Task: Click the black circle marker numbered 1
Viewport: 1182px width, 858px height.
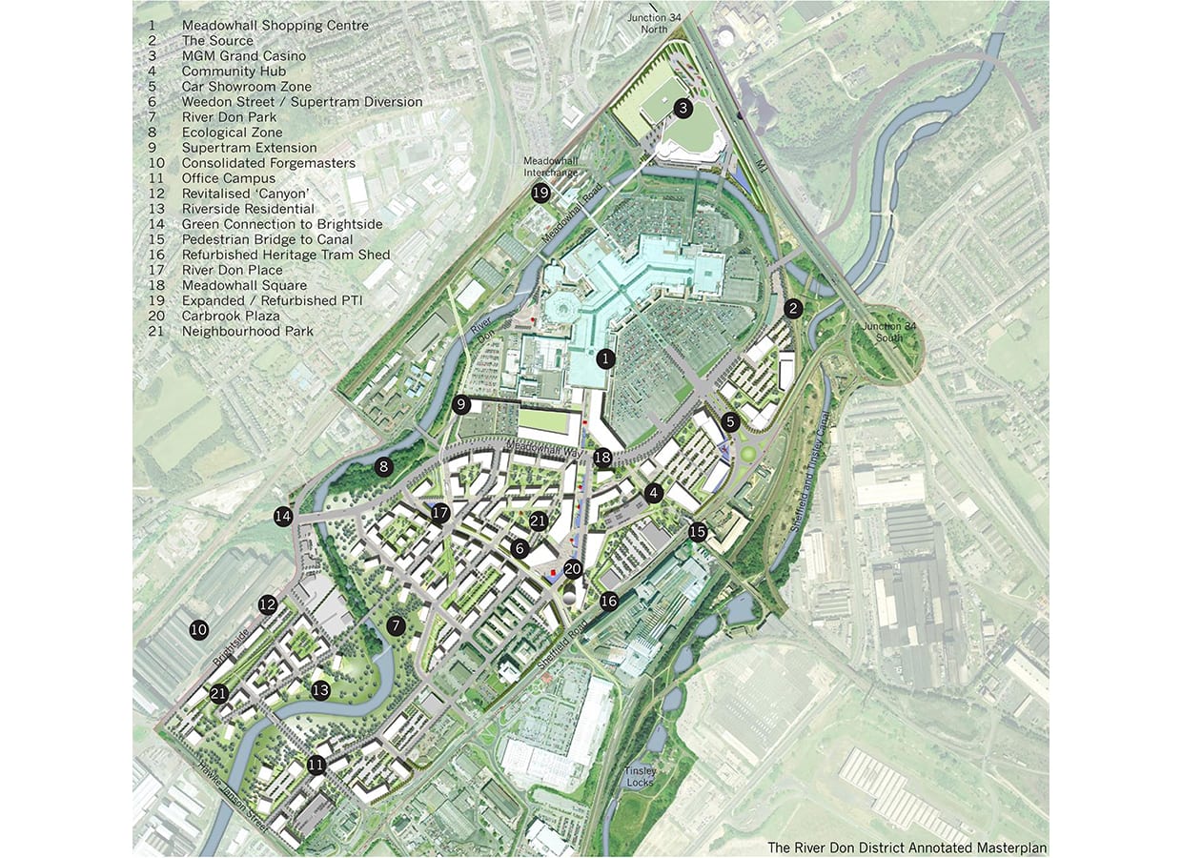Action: [x=605, y=359]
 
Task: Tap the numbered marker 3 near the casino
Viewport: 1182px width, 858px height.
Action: [x=683, y=109]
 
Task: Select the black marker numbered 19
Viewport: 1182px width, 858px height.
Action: [x=540, y=194]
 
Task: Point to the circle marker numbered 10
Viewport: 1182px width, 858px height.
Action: [x=198, y=629]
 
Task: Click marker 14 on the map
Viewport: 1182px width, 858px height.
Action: [x=283, y=517]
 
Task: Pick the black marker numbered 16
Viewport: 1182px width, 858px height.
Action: [x=609, y=601]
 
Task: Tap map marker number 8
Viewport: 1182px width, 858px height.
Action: [x=384, y=467]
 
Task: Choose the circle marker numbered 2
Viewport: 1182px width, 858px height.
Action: [x=793, y=308]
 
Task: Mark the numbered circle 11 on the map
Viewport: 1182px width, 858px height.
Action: [x=316, y=765]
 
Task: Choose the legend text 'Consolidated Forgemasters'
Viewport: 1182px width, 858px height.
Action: [x=269, y=163]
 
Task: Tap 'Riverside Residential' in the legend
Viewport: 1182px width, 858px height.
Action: [x=248, y=209]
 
